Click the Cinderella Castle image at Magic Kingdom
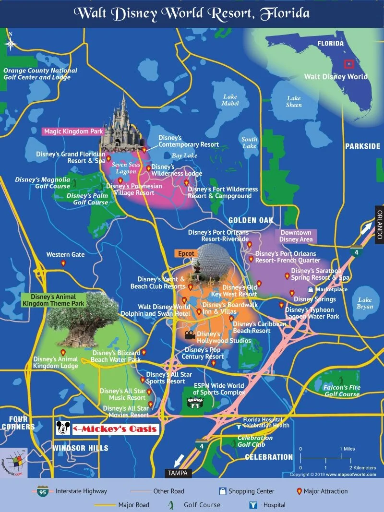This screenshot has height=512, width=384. (122, 125)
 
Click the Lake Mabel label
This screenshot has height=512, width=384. (230, 100)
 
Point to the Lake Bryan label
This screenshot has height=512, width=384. (365, 303)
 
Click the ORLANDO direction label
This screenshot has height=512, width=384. (379, 224)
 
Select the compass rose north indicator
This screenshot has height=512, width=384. (11, 43)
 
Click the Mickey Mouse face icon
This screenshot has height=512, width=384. (63, 428)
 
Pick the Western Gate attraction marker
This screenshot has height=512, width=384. (63, 263)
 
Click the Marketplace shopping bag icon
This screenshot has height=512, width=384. (311, 290)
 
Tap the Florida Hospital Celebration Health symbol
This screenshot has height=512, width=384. (239, 426)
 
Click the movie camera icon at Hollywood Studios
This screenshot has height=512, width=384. (189, 333)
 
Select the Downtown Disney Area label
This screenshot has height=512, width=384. (296, 236)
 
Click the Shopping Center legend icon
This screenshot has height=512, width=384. (222, 491)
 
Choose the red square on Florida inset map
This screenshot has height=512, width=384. (349, 64)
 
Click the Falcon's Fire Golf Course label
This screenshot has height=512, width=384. (342, 391)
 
